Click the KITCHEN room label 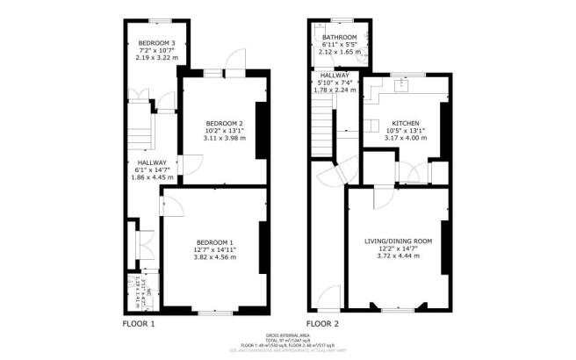point(405,123)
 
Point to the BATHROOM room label point(338,37)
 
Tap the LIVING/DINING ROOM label point(399,241)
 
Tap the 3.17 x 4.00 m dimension point(405,139)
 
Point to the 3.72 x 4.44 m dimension point(399,256)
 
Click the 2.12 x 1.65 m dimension point(338,53)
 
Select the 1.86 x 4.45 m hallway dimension point(151,177)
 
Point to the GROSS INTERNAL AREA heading point(287,335)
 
